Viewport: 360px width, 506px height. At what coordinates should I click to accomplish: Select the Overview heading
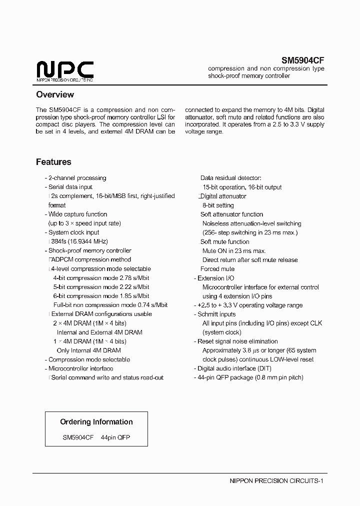pos(55,94)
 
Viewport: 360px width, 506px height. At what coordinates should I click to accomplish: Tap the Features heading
pos(53,162)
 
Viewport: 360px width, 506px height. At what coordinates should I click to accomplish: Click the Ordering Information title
pos(96,422)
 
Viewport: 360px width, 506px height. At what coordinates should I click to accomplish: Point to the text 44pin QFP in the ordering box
pos(115,437)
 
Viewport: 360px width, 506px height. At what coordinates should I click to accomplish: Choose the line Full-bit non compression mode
pos(110,305)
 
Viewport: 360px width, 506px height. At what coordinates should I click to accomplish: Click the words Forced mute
pos(217,269)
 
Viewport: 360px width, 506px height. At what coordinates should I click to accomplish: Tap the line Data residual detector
pos(230,178)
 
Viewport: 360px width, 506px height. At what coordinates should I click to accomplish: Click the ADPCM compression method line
pos(90,260)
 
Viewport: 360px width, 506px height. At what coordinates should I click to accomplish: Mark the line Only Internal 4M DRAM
pos(88,350)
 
